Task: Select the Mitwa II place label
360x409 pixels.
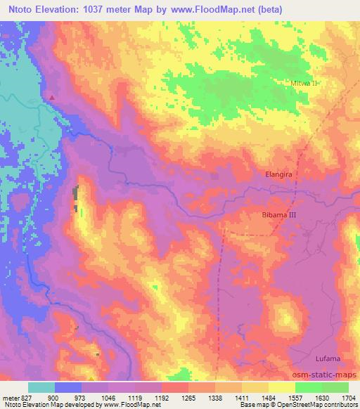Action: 304,83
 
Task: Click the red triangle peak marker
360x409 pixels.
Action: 51,97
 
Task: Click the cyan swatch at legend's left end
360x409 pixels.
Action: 41,387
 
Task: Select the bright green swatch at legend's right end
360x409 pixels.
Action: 335,387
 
